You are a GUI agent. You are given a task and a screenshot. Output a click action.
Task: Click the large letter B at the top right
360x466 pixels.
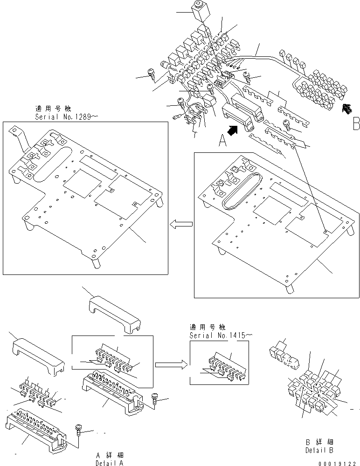(356, 123)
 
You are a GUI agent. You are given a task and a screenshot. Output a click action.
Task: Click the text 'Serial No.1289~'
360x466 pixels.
(66, 117)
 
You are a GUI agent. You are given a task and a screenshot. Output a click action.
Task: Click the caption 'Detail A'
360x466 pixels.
(109, 463)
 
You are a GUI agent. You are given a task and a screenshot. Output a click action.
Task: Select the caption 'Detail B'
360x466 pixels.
(319, 450)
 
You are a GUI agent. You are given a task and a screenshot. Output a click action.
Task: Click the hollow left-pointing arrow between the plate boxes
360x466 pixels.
(180, 225)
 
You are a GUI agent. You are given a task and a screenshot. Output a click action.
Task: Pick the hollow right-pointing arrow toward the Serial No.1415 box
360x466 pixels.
(171, 363)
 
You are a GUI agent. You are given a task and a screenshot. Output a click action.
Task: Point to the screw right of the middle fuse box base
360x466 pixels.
(155, 397)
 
